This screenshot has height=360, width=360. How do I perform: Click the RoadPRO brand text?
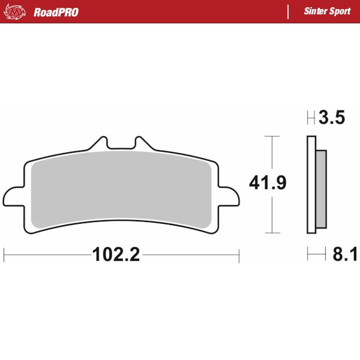[x=56, y=12]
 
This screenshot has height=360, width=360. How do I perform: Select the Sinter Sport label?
[x=328, y=12]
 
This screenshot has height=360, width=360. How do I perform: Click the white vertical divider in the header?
[x=289, y=12]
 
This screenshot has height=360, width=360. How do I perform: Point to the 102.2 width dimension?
[x=116, y=255]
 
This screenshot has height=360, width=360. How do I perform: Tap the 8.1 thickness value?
[x=344, y=255]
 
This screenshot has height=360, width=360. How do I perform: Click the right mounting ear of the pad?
[x=229, y=197]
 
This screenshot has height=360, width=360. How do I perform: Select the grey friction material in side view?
[x=321, y=189]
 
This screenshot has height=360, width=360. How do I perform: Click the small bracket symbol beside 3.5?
[x=311, y=118]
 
